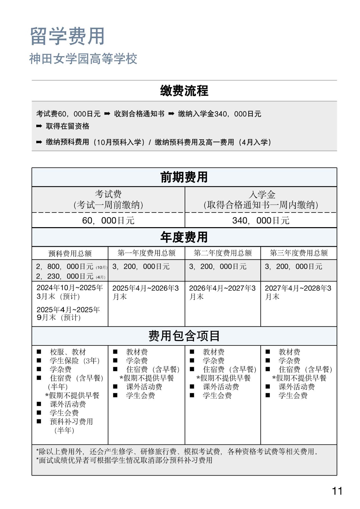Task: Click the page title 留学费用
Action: (67, 36)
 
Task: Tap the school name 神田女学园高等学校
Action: (83, 59)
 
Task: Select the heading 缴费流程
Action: (184, 91)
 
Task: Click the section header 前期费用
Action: (184, 177)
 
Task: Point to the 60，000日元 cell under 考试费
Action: (108, 220)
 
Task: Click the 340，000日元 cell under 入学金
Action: (261, 220)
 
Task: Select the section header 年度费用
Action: (184, 237)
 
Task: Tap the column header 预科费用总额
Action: (70, 254)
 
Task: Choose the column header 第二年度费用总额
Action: (222, 253)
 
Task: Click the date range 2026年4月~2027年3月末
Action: (222, 292)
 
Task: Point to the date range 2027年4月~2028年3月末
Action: (298, 292)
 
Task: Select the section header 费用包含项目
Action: (184, 336)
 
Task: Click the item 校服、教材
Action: (68, 352)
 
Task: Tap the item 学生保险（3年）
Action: (75, 361)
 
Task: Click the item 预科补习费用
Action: (71, 422)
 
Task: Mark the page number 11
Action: (337, 491)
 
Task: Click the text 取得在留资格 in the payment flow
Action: (67, 126)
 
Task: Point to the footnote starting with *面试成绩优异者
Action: (124, 460)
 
